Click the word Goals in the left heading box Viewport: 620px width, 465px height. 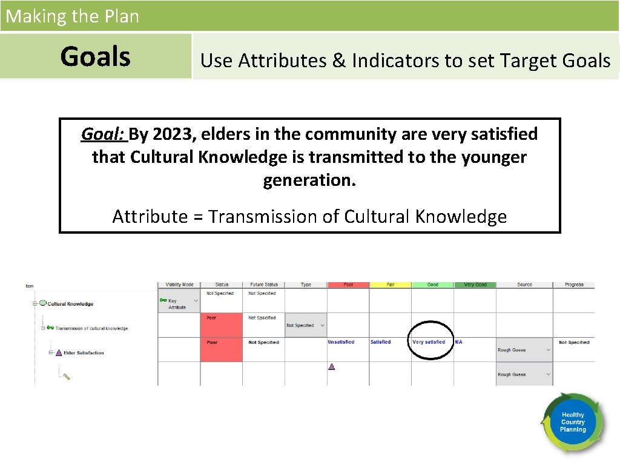click(96, 56)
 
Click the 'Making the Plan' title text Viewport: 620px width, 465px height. click(72, 16)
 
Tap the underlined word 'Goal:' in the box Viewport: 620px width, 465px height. click(103, 134)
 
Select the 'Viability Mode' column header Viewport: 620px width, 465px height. click(179, 285)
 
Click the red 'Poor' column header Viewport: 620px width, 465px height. click(348, 285)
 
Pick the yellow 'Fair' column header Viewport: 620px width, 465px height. click(391, 285)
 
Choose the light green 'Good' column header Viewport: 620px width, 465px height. click(432, 285)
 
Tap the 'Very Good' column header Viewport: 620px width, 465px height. click(475, 285)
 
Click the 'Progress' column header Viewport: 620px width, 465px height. click(574, 285)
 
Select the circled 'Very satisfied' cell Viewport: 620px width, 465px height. click(429, 342)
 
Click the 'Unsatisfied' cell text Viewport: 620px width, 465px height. click(341, 342)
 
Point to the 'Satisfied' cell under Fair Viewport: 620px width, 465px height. click(381, 342)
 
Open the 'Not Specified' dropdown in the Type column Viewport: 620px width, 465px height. click(305, 325)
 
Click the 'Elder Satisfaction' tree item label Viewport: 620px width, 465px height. click(84, 353)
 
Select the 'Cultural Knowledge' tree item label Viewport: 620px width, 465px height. click(70, 304)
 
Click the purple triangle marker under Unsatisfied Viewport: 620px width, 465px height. click(331, 366)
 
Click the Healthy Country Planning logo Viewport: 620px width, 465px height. click(572, 422)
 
